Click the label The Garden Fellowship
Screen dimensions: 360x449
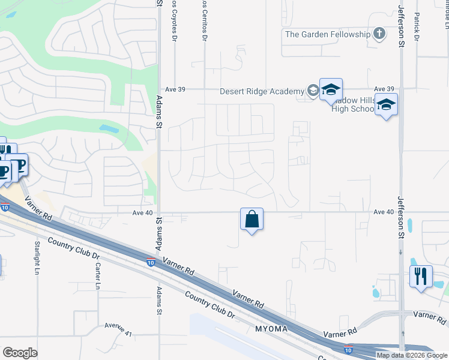(328, 34)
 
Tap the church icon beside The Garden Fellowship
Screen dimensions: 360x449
(379, 34)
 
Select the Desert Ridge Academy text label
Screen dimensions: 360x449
(262, 91)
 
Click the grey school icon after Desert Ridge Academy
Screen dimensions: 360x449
(313, 91)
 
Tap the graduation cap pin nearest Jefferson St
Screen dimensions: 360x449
(387, 106)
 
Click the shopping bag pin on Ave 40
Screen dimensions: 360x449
(252, 220)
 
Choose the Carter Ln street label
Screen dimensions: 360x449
(97, 275)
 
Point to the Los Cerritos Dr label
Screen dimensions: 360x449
(205, 20)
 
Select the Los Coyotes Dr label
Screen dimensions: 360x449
(175, 20)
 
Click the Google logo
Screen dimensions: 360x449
(20, 353)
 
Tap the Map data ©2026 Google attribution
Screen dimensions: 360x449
(412, 355)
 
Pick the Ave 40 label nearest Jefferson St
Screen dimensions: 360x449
(383, 212)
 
